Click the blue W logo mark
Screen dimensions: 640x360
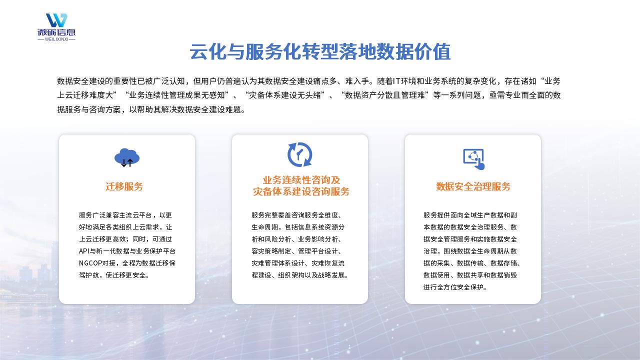pyautogui.click(x=56, y=20)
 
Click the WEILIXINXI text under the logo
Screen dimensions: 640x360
pyautogui.click(x=56, y=39)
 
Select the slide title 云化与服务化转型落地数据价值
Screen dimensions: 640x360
pyautogui.click(x=320, y=51)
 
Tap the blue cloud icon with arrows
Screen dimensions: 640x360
pyautogui.click(x=127, y=157)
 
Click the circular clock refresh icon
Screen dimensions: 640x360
pyautogui.click(x=299, y=154)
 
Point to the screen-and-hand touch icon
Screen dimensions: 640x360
pyautogui.click(x=473, y=159)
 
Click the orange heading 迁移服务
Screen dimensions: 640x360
pyautogui.click(x=124, y=186)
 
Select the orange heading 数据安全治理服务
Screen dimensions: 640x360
pyautogui.click(x=473, y=186)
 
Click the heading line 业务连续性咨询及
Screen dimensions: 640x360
pyautogui.click(x=301, y=180)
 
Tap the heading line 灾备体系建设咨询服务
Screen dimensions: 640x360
pyautogui.click(x=301, y=191)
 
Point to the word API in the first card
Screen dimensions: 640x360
pyautogui.click(x=84, y=251)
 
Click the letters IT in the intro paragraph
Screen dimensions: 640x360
pyautogui.click(x=396, y=81)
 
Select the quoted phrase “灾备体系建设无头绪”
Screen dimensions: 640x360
pyautogui.click(x=284, y=95)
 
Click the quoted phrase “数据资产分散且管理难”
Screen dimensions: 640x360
pyautogui.click(x=384, y=95)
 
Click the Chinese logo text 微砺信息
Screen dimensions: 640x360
pyautogui.click(x=56, y=32)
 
